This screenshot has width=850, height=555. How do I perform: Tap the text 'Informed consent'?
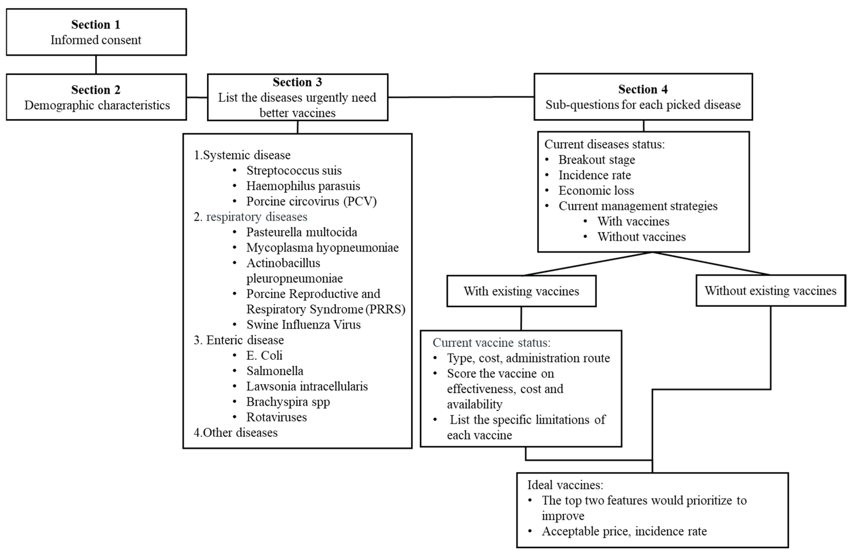click(x=96, y=40)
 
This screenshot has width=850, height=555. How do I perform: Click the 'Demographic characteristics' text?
click(x=97, y=105)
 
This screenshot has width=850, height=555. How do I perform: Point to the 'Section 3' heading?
click(x=297, y=82)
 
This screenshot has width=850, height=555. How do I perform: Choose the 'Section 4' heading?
click(x=643, y=89)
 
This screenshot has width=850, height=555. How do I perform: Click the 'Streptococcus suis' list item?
click(x=294, y=170)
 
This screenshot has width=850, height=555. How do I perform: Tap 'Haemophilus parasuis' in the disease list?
click(x=303, y=186)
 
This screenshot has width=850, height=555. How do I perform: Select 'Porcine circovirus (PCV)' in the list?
click(x=311, y=201)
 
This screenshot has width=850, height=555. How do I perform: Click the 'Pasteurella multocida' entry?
click(x=301, y=232)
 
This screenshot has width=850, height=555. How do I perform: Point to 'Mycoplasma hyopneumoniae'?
click(x=322, y=247)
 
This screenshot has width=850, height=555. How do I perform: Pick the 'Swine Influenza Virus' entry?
click(x=303, y=324)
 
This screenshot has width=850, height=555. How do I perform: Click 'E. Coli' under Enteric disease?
click(x=264, y=355)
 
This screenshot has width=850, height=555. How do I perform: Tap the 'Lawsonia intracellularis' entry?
click(x=307, y=386)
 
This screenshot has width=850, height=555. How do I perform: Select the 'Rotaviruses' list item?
click(x=276, y=417)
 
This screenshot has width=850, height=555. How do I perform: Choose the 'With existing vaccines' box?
click(x=521, y=291)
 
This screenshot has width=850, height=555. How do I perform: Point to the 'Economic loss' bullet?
click(x=596, y=191)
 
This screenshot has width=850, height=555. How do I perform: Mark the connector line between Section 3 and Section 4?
click(x=461, y=97)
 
